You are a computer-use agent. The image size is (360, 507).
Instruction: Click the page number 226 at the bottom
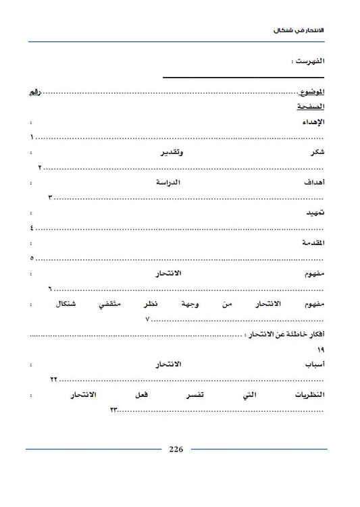(176, 449)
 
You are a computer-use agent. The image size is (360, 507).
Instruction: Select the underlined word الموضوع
(311, 91)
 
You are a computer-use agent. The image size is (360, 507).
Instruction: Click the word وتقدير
(171, 153)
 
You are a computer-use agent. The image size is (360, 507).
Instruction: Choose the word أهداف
(313, 183)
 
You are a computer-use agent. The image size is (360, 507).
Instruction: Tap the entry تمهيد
(314, 213)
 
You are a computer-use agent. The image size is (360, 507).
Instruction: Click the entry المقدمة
(312, 243)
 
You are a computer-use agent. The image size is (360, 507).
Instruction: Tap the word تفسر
(197, 395)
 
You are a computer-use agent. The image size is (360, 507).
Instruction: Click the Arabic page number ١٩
(320, 349)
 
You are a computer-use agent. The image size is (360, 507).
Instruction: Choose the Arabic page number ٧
(147, 319)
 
